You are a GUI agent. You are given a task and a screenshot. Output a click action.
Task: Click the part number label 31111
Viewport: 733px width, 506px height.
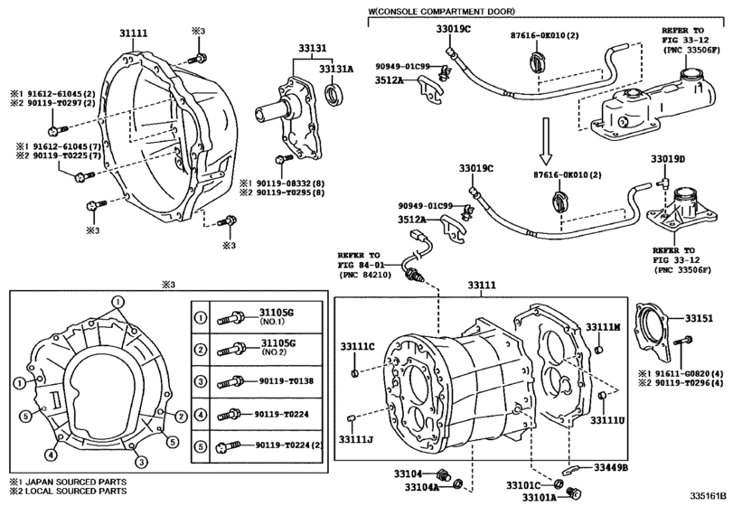tap(133, 33)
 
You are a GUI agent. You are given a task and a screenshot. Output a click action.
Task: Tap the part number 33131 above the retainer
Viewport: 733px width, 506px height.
tap(313, 48)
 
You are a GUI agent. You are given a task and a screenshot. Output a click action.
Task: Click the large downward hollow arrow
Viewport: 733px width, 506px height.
tap(546, 140)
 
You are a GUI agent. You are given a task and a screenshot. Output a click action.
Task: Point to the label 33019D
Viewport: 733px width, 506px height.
tap(668, 159)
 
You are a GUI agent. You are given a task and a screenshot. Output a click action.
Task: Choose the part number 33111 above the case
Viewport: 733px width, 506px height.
tap(482, 286)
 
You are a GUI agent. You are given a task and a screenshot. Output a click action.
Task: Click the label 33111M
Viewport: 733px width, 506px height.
tap(603, 327)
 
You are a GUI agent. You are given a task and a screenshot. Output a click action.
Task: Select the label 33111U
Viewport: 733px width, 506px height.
tap(607, 420)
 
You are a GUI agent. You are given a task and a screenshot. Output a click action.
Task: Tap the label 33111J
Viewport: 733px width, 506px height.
tap(356, 439)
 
